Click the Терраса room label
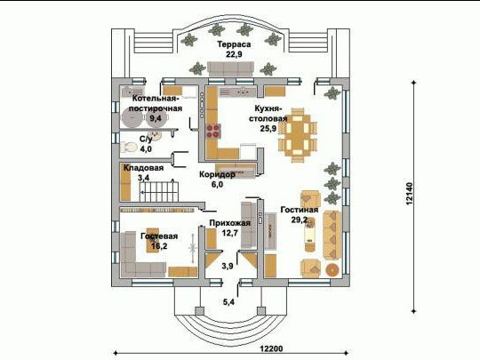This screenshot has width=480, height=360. [234, 44]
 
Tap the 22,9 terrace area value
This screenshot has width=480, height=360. [234, 54]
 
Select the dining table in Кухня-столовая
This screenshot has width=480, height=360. [297, 135]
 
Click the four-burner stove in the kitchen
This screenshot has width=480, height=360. [213, 131]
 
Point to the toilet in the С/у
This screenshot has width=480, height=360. [129, 148]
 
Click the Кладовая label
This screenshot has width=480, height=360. [143, 168]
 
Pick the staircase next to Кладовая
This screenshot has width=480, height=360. [159, 191]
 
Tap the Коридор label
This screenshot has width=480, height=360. [218, 174]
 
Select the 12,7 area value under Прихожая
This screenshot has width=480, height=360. [230, 233]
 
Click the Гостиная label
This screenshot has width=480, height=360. [300, 210]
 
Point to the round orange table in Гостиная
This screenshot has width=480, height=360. [332, 269]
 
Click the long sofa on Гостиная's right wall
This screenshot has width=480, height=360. [332, 235]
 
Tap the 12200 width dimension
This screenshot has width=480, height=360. [271, 348]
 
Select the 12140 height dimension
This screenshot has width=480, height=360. [409, 194]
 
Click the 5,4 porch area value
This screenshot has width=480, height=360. [228, 302]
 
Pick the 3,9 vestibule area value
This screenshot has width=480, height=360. [228, 266]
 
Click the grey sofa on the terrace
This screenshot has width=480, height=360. [231, 68]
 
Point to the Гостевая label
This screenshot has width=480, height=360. [159, 236]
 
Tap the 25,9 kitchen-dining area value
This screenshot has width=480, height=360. [268, 129]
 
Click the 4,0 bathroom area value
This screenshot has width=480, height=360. [146, 149]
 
